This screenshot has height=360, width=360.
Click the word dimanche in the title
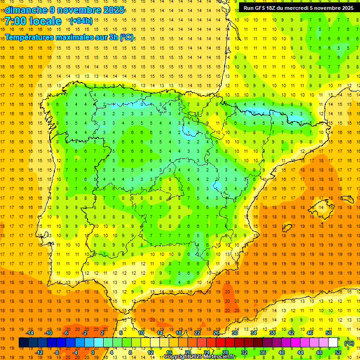pos(26,10)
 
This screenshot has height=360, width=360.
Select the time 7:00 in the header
pos(17,21)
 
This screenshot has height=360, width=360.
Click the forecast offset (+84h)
pos(81,21)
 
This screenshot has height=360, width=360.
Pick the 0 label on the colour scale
pos(92,352)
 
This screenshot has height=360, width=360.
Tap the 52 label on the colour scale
pos(338,352)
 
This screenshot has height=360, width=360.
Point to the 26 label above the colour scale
pos(216,332)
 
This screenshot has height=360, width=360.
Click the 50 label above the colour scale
pos(329,332)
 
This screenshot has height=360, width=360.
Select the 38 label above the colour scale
pos(272,332)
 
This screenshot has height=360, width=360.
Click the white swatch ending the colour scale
pos(333,343)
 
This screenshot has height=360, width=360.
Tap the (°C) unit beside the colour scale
pos(349,343)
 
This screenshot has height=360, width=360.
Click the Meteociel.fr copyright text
pos(200,357)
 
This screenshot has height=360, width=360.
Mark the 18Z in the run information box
pos(275,8)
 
